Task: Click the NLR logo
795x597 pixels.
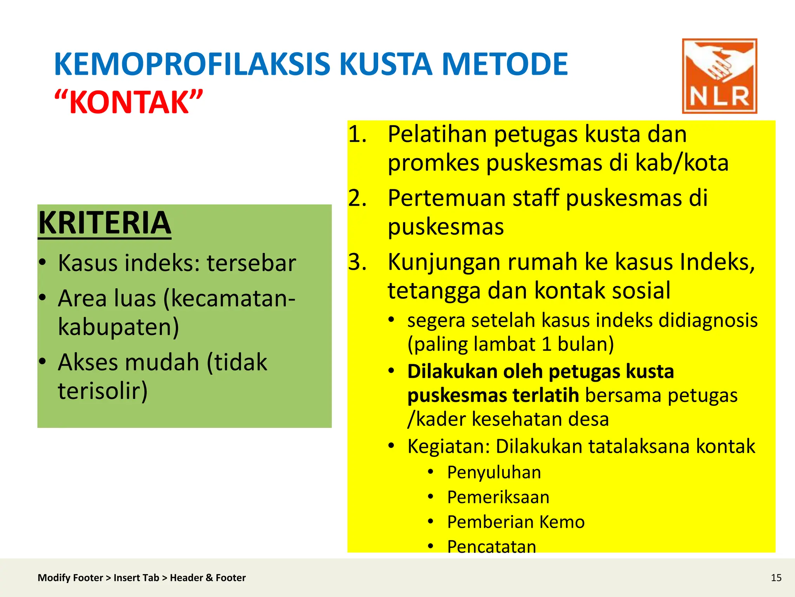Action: (719, 76)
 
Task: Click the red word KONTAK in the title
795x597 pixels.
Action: (128, 102)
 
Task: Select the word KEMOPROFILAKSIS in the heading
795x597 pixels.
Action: (193, 64)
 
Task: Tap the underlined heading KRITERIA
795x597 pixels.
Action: (105, 223)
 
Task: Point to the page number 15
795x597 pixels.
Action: (776, 578)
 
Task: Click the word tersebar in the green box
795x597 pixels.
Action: (251, 263)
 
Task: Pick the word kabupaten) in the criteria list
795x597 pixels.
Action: (118, 326)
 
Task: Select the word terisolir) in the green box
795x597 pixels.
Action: (103, 391)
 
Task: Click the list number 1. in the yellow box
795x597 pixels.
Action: (358, 134)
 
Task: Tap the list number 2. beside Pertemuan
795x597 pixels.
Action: (358, 198)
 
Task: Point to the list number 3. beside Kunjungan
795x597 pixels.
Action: (358, 262)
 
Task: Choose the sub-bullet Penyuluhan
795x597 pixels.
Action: (494, 473)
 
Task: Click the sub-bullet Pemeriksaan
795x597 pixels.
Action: (498, 497)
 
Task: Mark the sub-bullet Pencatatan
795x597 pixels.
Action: (491, 546)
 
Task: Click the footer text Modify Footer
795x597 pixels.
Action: (70, 578)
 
